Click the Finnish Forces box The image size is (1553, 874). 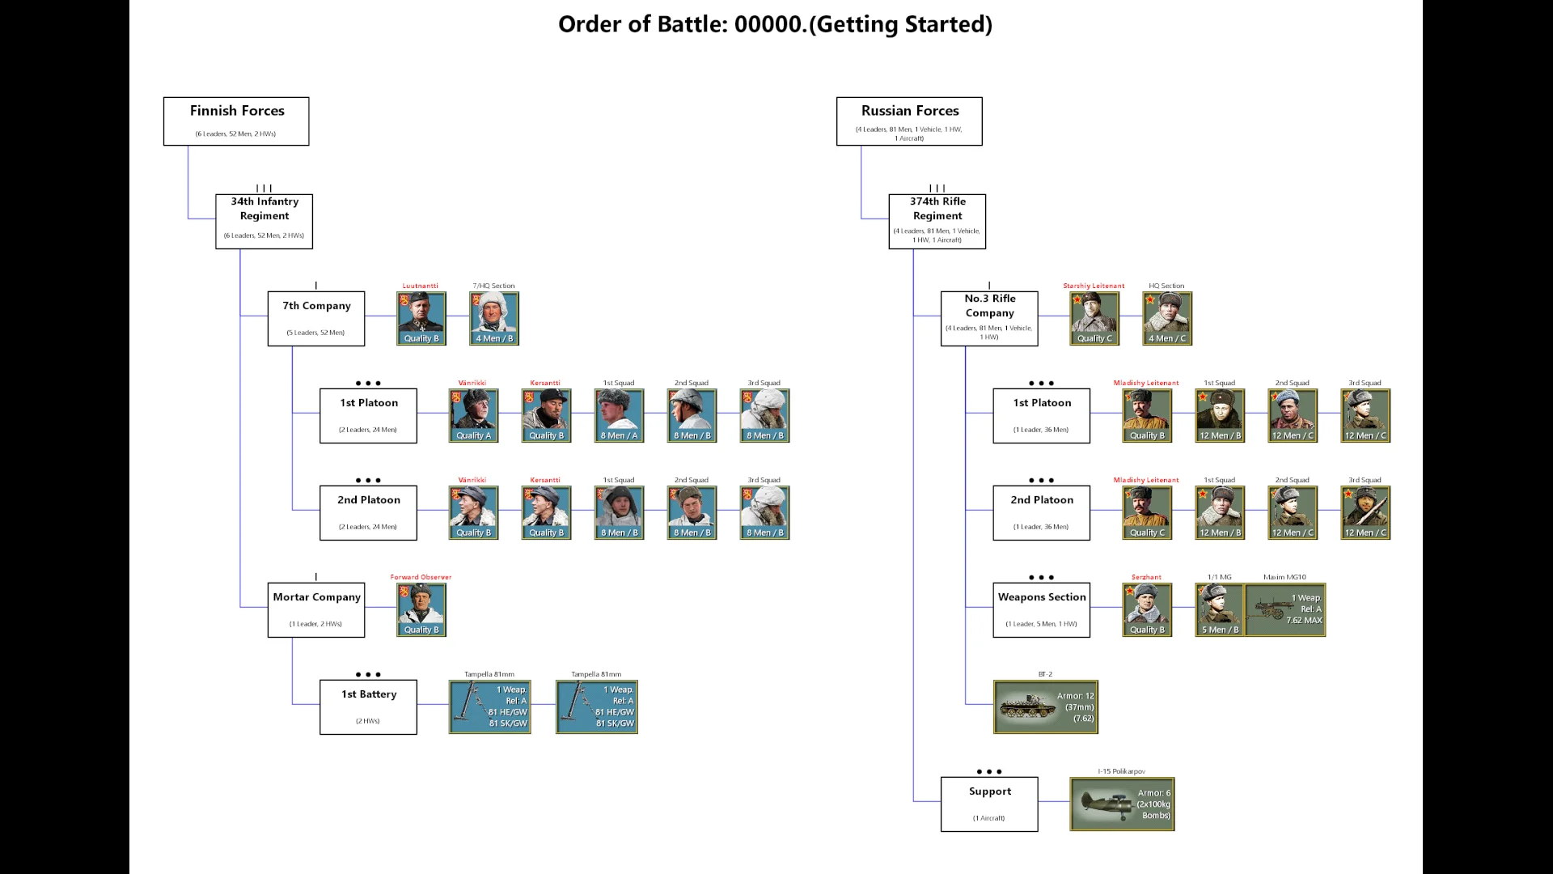point(236,121)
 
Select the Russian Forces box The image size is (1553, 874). point(909,121)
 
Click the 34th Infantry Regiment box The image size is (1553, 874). point(264,221)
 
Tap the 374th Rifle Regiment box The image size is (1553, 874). point(937,221)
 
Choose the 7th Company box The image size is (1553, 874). point(316,318)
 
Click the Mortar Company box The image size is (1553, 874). point(316,609)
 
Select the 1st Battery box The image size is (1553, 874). point(368,706)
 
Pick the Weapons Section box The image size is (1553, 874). point(1041,609)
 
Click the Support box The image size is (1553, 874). point(989,804)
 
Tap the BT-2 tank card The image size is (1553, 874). point(1046,706)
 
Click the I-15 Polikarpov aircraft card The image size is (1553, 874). point(1122,804)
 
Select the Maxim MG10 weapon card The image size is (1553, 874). point(1284,609)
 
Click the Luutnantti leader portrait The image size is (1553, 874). point(421,318)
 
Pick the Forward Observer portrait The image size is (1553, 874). point(421,609)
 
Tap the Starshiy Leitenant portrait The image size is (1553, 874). point(1094,318)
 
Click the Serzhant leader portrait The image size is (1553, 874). point(1147,609)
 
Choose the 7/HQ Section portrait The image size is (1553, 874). point(494,318)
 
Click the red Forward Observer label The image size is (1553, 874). point(421,577)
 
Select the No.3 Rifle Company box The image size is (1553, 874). point(989,318)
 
